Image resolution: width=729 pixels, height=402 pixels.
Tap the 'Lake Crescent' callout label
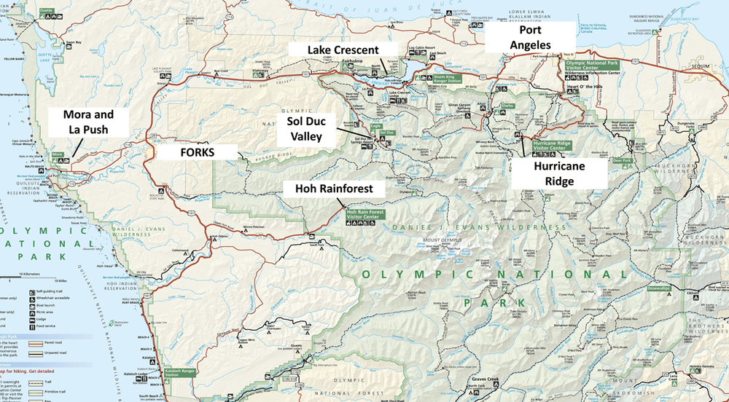(343, 50)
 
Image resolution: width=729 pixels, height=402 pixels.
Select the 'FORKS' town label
(198, 154)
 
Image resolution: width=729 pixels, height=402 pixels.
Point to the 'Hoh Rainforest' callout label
(334, 189)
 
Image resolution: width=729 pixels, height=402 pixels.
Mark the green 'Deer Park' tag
(621, 160)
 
